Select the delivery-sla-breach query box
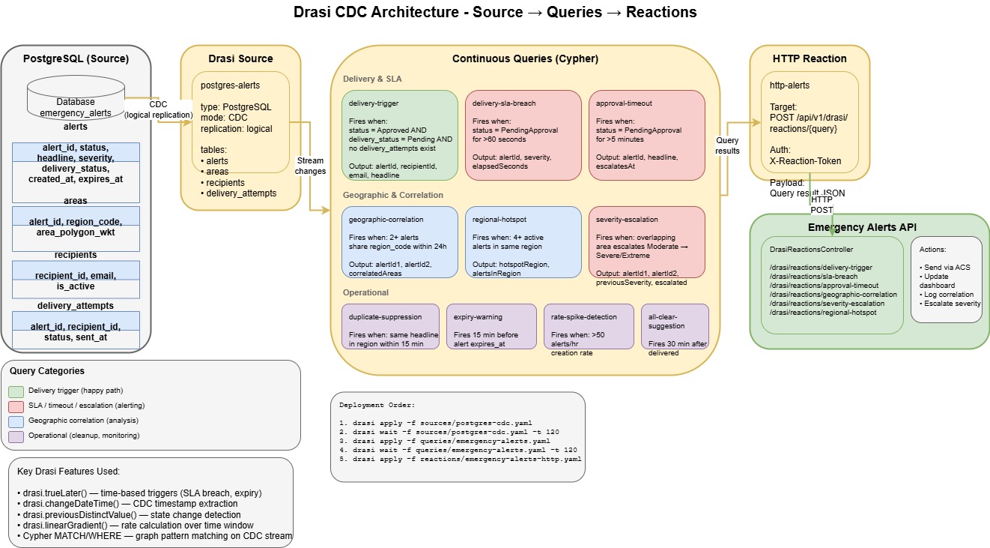pyautogui.click(x=523, y=136)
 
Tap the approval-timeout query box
pyautogui.click(x=646, y=136)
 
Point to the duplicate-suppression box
pyautogui.click(x=389, y=326)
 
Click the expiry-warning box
pyautogui.click(x=491, y=326)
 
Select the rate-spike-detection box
pyautogui.click(x=589, y=326)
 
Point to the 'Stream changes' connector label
pyautogui.click(x=311, y=166)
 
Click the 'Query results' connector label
pyautogui.click(x=727, y=145)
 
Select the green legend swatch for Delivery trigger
pyautogui.click(x=16, y=391)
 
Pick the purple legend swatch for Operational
pyautogui.click(x=16, y=436)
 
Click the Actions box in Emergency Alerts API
pyautogui.click(x=946, y=280)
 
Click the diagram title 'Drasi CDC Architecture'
pyautogui.click(x=494, y=12)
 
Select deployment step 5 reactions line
pyautogui.click(x=460, y=458)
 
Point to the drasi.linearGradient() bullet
pyautogui.click(x=136, y=525)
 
